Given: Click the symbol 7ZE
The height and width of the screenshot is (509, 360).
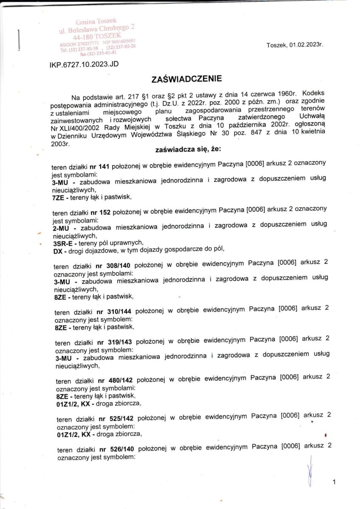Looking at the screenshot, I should click(x=57, y=197).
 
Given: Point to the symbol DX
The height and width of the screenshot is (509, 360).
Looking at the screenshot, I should click(x=57, y=250).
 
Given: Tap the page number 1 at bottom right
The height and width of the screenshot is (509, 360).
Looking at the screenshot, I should click(x=335, y=482).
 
